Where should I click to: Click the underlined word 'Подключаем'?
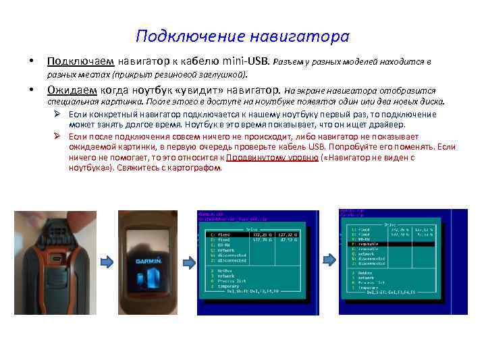(74, 62)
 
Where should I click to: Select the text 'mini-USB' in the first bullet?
(247, 62)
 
